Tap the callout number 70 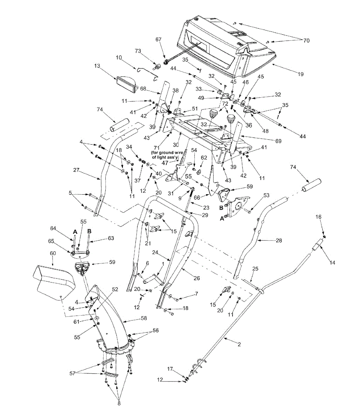tap(306, 41)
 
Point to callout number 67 tap(159, 40)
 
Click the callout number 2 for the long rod tap(239, 344)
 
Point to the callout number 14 tap(332, 262)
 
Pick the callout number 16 tap(318, 217)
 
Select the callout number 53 tap(266, 194)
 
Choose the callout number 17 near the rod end tap(170, 369)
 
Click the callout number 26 tap(196, 278)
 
